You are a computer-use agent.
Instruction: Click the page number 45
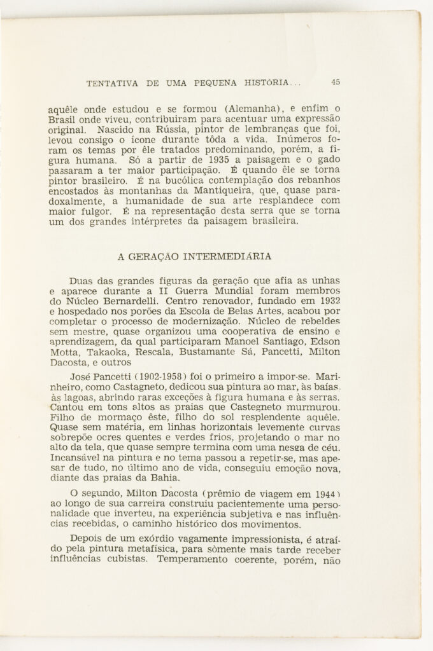tap(336, 81)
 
